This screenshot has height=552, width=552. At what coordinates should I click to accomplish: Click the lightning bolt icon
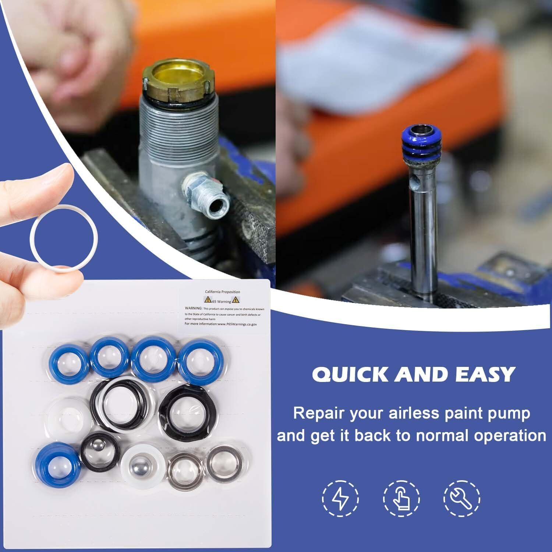pos(340,499)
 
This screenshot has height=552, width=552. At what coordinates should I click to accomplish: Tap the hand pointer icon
pos(401,499)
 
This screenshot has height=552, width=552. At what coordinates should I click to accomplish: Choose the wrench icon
pos(461,499)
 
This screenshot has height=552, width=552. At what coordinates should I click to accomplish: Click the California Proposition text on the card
pos(222,292)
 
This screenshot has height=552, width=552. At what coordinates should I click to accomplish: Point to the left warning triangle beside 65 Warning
pos(208,301)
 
